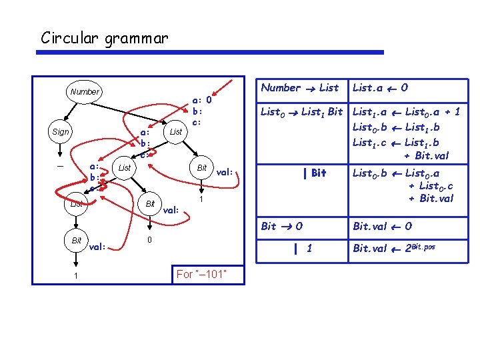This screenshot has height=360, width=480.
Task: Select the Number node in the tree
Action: [x=84, y=92]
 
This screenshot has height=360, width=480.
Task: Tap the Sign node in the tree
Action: [x=61, y=132]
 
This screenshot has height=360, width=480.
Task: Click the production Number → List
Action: [x=299, y=87]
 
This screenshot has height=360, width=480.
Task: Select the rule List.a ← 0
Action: [x=380, y=87]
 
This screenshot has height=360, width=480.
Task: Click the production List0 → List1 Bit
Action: [x=301, y=113]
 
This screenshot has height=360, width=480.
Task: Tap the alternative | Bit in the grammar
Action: [x=314, y=173]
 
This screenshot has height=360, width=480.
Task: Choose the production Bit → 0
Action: [x=281, y=226]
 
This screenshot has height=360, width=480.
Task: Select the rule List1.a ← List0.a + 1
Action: [x=406, y=113]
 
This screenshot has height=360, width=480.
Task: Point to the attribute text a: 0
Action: [x=201, y=101]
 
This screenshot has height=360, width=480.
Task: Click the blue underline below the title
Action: [x=212, y=52]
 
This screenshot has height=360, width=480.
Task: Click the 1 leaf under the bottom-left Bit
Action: [x=77, y=275]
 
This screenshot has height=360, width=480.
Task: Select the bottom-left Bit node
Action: [x=77, y=239]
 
